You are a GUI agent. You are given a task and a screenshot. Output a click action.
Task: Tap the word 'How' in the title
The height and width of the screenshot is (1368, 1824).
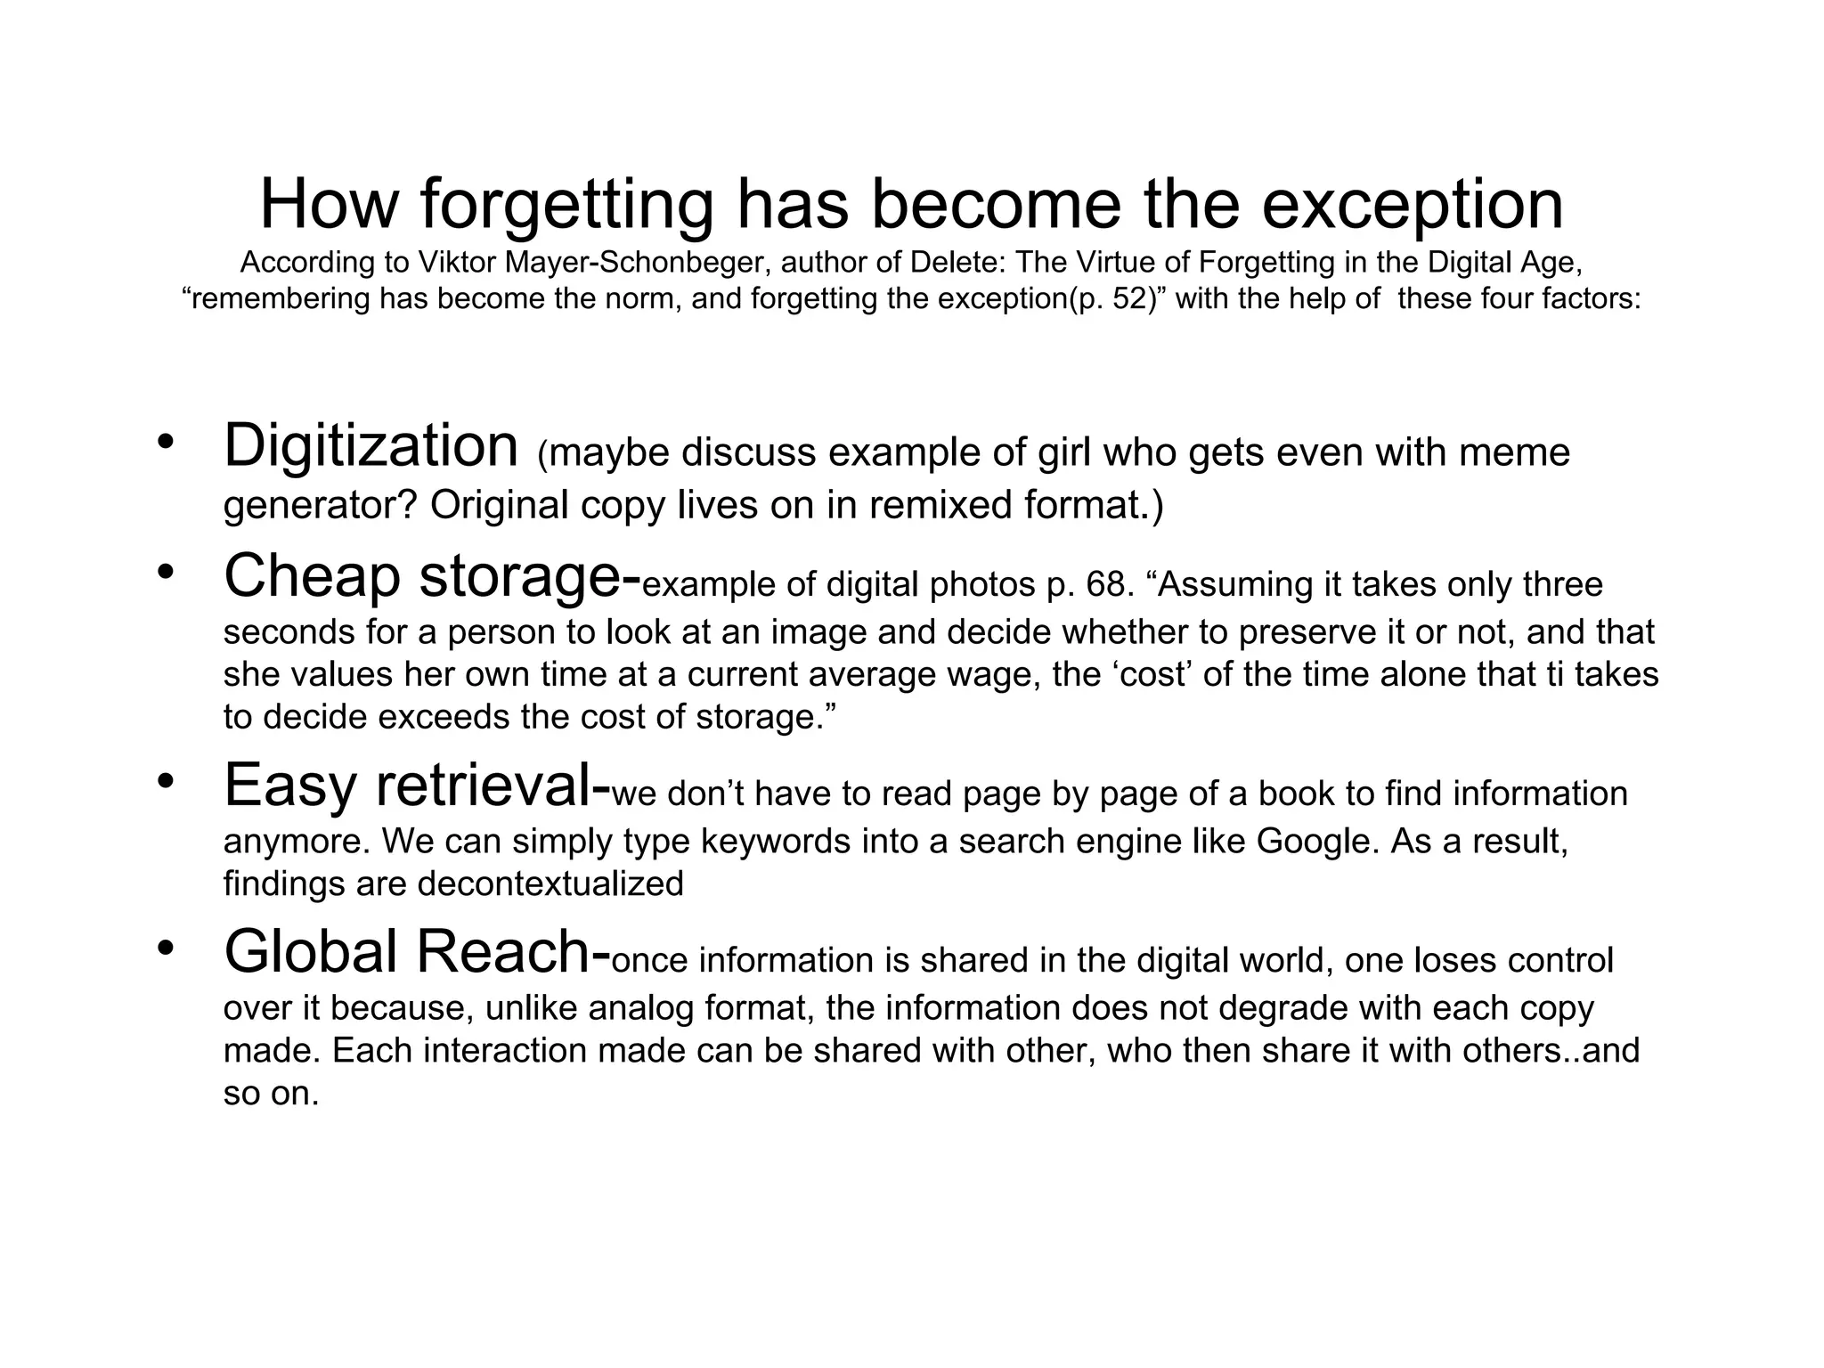coord(327,205)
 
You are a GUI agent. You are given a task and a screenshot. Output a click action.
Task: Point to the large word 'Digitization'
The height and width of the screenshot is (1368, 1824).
coord(370,447)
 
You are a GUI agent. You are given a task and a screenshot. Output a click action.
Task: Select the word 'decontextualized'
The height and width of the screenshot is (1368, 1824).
coord(550,883)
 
